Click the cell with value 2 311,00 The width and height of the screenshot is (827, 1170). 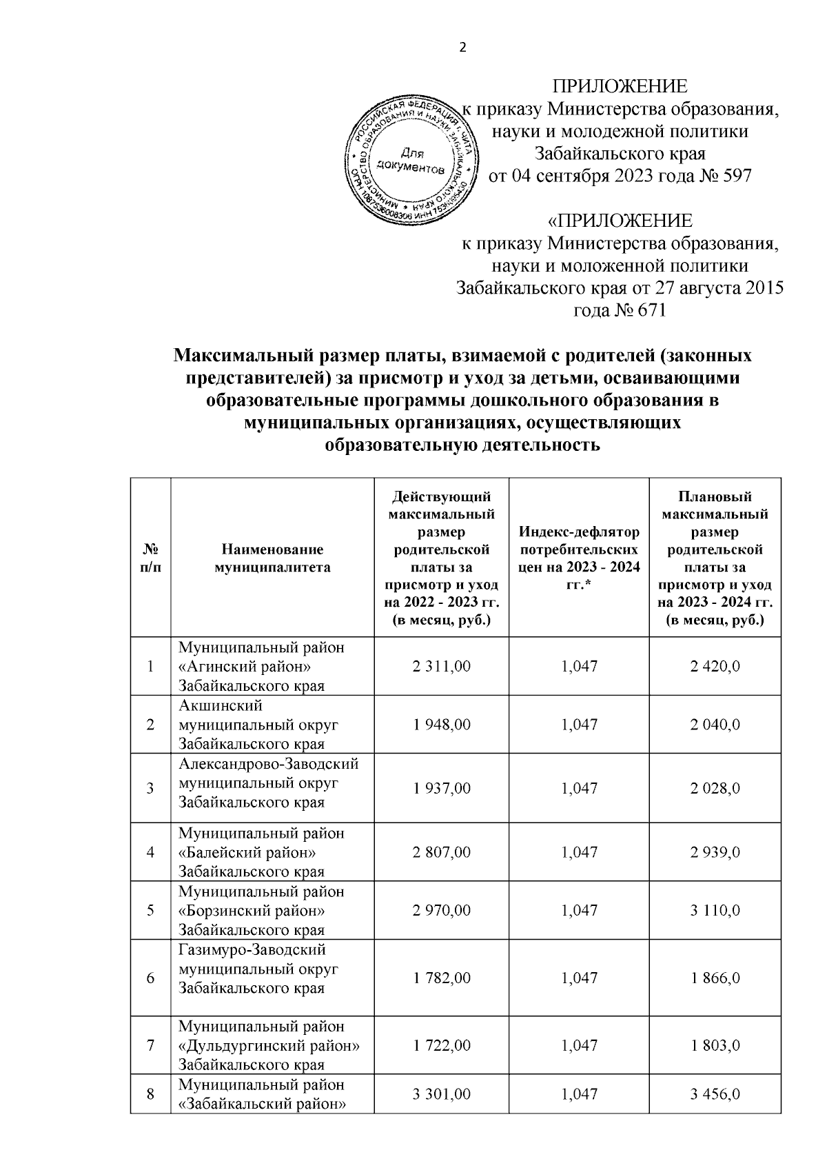point(442,667)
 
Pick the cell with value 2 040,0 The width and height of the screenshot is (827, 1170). point(715,725)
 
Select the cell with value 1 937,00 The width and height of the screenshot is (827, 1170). point(442,788)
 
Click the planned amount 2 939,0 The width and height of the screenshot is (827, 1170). point(715,852)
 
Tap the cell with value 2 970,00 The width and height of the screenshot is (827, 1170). point(442,911)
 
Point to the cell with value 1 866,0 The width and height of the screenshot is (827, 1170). point(715,978)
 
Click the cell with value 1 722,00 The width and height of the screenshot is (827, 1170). point(442,1046)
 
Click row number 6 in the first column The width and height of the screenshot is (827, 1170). point(151,978)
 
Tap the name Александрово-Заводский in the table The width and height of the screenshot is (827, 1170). point(269,765)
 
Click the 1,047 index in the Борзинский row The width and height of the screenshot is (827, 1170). point(579,911)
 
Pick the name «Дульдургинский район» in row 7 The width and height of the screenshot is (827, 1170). point(269,1046)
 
